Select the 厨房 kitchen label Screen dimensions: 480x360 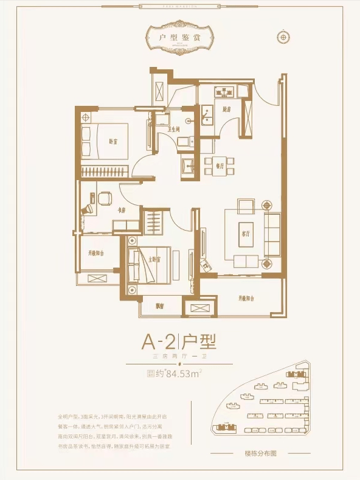226,110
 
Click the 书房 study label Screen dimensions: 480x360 121,210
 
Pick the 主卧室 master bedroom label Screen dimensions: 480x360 154,260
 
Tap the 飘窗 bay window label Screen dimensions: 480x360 160,306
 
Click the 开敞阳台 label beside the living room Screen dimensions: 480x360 246,299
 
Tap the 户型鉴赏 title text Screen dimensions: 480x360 179,37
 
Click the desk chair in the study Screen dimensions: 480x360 104,198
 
